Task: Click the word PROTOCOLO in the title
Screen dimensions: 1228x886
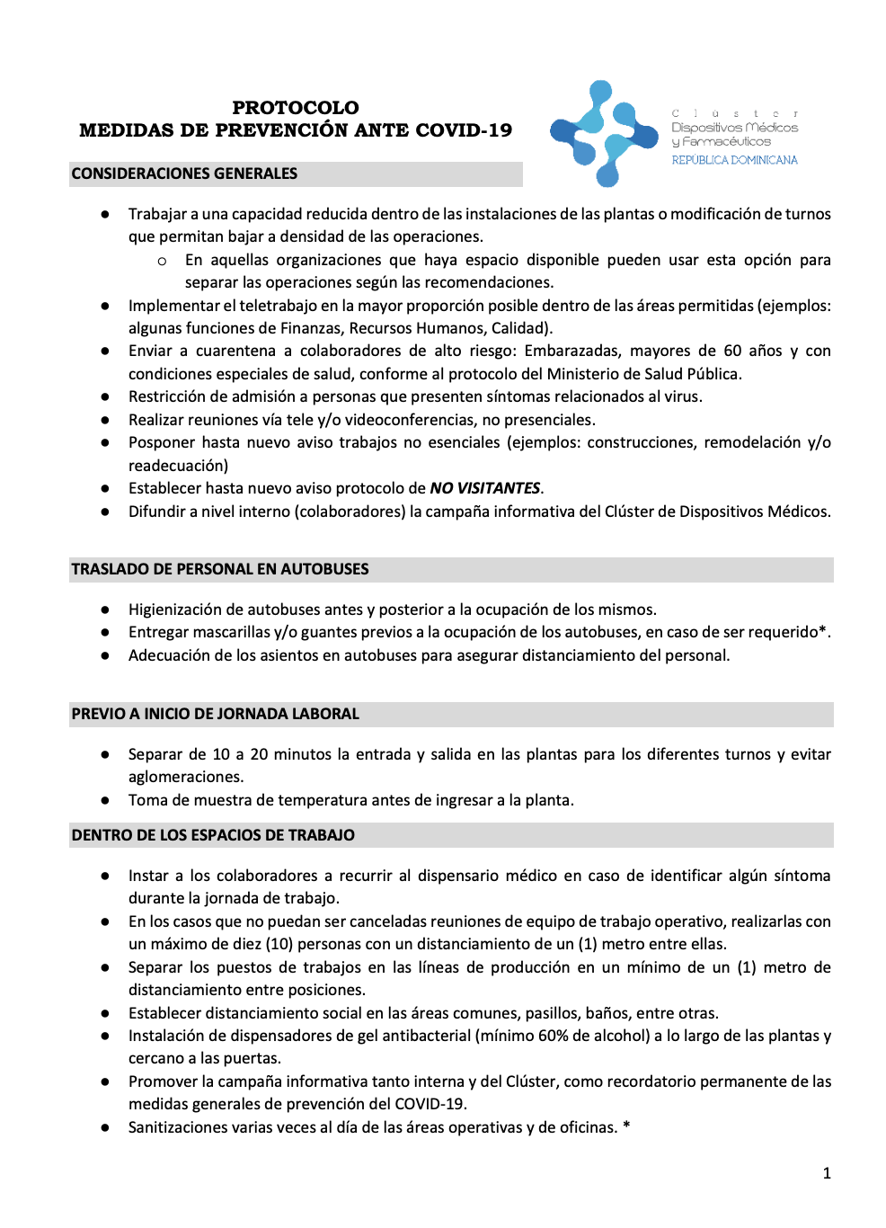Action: (295, 108)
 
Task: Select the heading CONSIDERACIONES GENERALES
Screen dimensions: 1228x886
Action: (184, 174)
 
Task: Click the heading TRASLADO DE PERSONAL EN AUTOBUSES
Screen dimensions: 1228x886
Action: (220, 569)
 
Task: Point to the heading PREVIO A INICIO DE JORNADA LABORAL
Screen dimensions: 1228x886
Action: (215, 714)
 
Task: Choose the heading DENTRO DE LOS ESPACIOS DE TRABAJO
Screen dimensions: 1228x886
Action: (213, 835)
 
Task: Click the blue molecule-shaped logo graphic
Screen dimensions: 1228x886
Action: (602, 133)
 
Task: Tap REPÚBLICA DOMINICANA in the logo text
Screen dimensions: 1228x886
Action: (734, 160)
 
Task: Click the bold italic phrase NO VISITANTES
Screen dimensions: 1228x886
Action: (484, 488)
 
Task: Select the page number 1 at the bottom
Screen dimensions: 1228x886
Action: (827, 1173)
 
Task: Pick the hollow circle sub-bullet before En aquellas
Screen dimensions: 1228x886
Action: (162, 261)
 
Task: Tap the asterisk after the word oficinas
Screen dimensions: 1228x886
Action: (626, 1126)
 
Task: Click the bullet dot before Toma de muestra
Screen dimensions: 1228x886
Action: (105, 800)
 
